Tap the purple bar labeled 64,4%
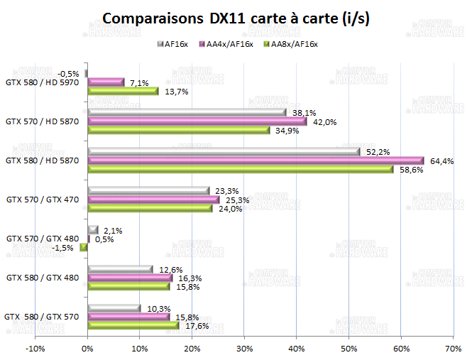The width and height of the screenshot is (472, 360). (x=256, y=160)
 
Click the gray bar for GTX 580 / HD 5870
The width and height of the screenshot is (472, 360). (x=223, y=151)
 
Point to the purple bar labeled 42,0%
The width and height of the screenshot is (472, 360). (x=197, y=121)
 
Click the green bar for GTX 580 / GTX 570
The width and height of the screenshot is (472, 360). (x=133, y=325)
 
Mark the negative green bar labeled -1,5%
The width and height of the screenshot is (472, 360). (x=84, y=247)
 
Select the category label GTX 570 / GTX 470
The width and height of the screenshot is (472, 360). (x=44, y=200)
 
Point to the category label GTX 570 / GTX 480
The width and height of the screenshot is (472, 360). (x=44, y=239)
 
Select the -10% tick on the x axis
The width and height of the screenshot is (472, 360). (x=35, y=349)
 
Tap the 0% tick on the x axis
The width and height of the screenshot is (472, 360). (x=87, y=349)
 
